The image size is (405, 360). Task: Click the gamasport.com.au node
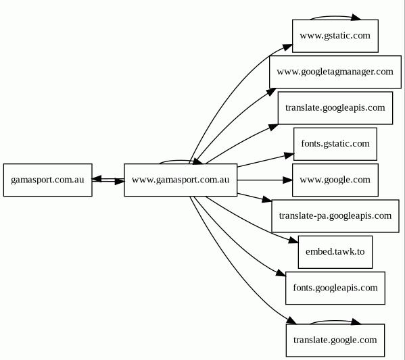[48, 180]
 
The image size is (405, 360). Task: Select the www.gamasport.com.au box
[181, 180]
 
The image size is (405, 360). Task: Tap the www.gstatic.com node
[335, 36]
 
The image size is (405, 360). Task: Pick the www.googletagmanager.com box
[335, 72]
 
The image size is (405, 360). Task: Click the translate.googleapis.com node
[335, 108]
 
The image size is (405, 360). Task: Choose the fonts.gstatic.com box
[335, 144]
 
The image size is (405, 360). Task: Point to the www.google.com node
[335, 180]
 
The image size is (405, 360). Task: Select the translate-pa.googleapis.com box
[335, 215]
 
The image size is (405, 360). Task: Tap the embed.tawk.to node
[335, 252]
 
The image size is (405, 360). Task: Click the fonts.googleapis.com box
[335, 288]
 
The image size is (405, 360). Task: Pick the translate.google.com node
[335, 340]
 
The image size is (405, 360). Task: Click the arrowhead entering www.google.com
[288, 180]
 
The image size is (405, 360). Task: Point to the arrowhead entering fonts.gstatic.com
[289, 155]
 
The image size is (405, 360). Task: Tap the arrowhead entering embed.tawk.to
[293, 240]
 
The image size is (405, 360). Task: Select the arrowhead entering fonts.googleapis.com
[281, 274]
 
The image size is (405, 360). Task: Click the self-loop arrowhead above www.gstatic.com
[356, 18]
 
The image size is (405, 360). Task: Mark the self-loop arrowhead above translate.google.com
[356, 322]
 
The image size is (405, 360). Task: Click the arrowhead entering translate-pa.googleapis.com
[267, 199]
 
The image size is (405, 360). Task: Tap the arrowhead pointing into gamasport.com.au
[97, 178]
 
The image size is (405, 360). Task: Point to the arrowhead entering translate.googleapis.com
[274, 127]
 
